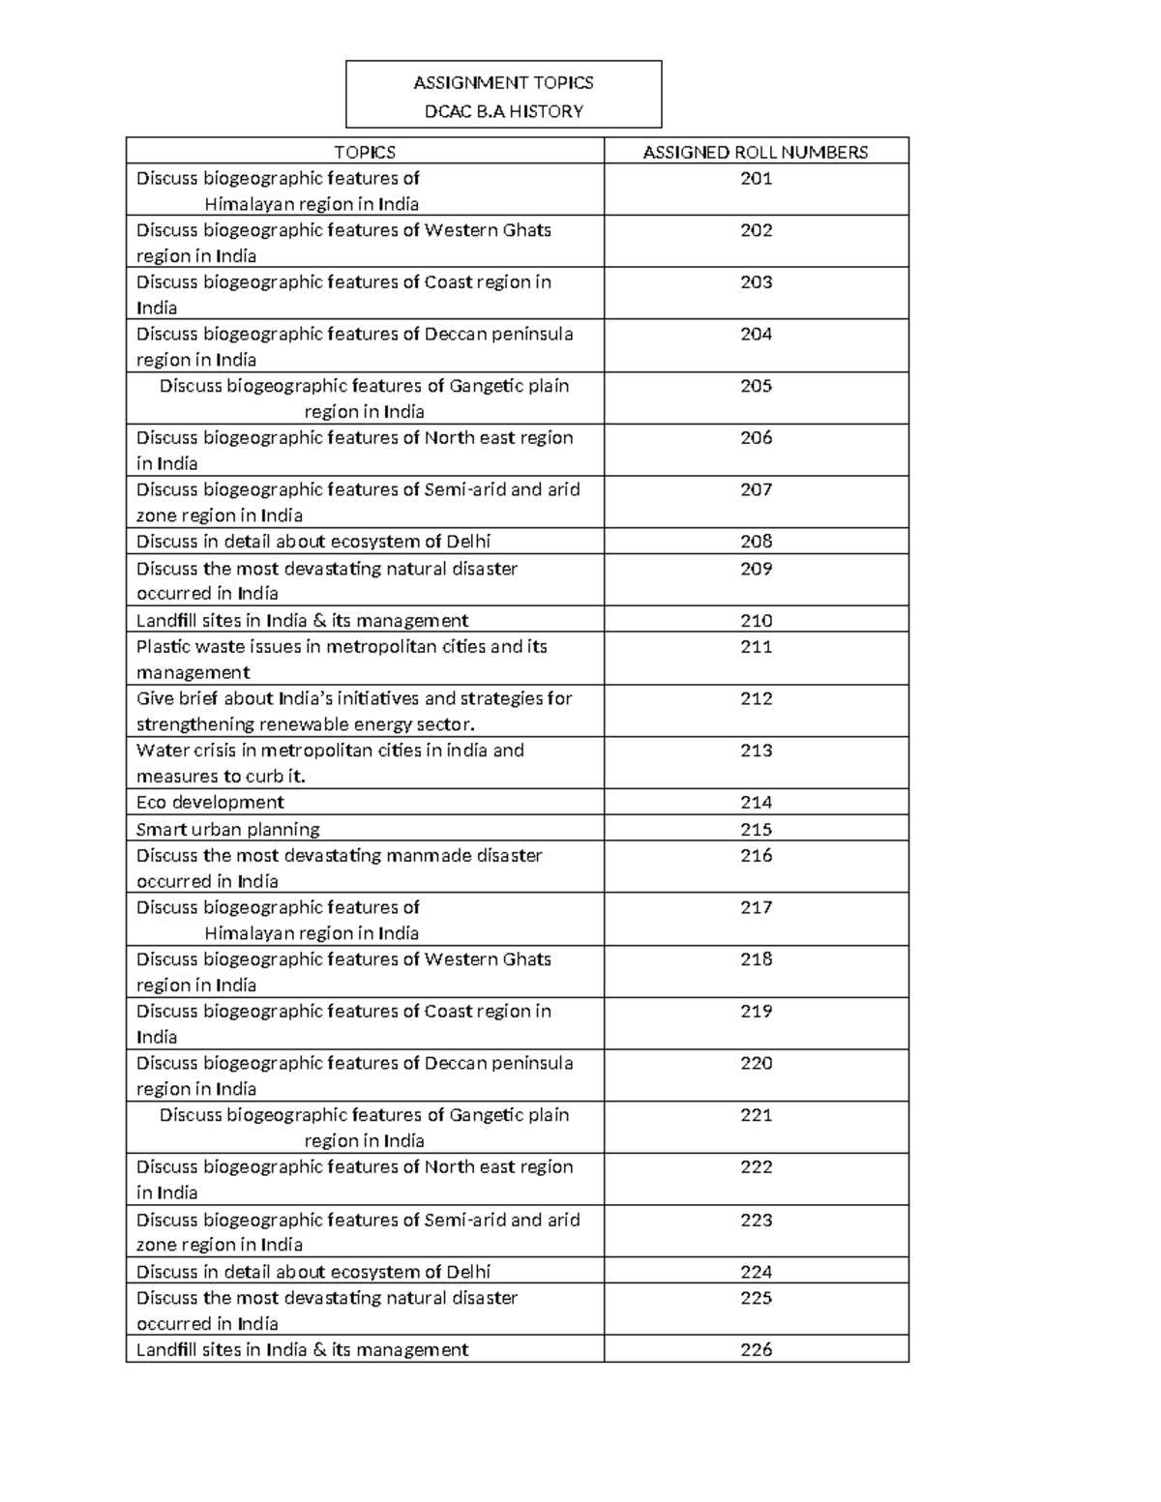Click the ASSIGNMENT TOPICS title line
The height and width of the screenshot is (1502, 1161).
(503, 83)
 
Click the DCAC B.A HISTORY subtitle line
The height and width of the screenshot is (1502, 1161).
(503, 111)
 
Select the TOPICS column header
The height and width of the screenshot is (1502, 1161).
(365, 152)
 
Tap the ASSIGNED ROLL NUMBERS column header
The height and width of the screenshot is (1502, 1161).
(756, 152)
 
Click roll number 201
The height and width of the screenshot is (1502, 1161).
(756, 178)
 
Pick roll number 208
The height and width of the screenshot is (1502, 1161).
(756, 542)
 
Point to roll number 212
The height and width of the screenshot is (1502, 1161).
(756, 698)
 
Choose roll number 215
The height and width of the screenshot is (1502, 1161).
(756, 829)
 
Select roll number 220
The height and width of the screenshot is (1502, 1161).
(756, 1063)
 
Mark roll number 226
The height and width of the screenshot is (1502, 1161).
(756, 1349)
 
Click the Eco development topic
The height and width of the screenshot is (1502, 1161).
(210, 802)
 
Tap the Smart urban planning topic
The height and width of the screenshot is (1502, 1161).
(227, 829)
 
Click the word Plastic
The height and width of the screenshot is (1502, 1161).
(163, 646)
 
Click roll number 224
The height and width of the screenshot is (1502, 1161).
(756, 1272)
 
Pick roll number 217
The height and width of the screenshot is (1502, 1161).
(756, 907)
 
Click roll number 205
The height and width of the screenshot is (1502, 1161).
(756, 386)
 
